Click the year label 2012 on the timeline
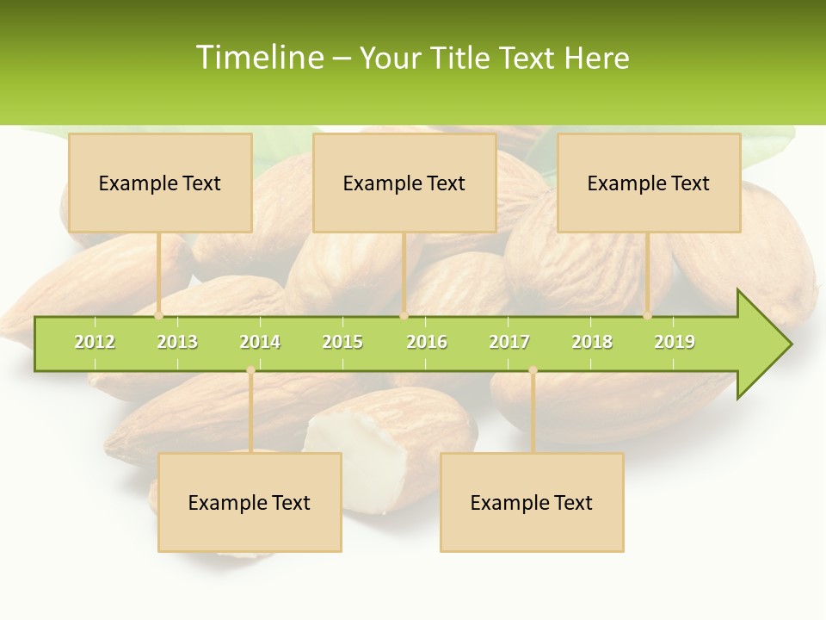95,342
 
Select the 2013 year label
177,342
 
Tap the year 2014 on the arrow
260,342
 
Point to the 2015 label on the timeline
342,342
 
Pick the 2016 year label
427,342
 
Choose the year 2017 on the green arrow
509,342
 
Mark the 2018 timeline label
592,342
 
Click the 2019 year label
675,342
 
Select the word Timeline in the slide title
259,58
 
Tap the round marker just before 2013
158,315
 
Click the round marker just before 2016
404,315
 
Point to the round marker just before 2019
648,315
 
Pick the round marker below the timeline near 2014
250,370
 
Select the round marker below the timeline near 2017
533,370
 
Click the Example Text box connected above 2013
160,183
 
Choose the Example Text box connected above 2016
404,183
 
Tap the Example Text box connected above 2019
649,183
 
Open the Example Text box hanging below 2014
250,502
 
